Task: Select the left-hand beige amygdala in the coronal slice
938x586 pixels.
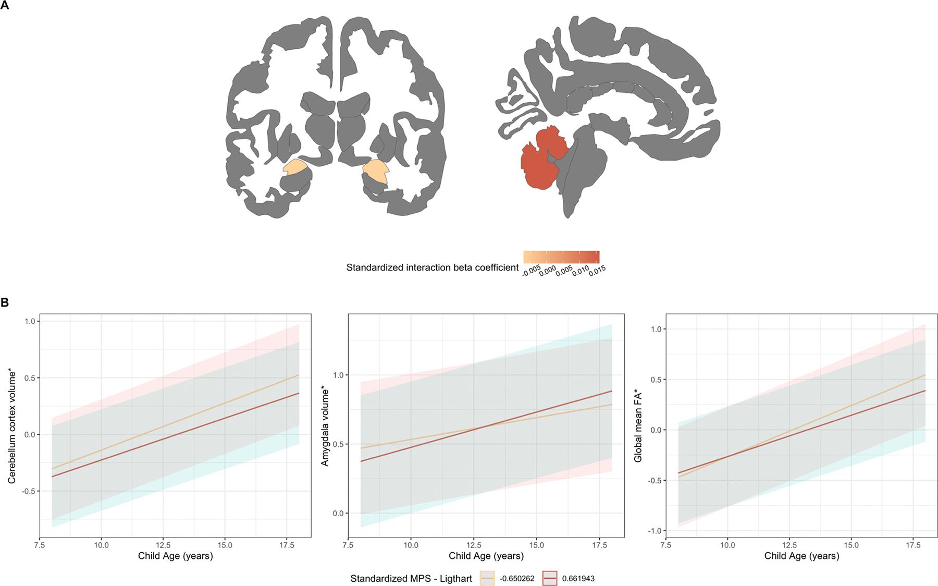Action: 294,167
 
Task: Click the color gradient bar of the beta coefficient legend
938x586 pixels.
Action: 561,257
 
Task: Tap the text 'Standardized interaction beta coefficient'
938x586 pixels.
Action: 432,267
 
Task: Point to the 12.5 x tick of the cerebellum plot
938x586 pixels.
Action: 163,545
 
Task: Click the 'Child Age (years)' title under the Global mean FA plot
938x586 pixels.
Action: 801,556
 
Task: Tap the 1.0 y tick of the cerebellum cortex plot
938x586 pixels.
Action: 29,321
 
